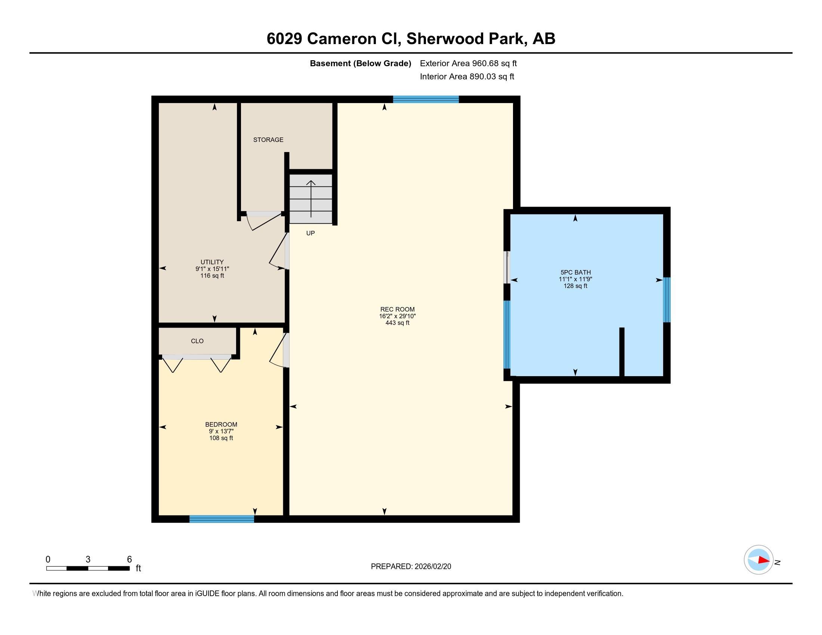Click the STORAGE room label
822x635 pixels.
(x=268, y=140)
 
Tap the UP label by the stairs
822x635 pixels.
(x=310, y=233)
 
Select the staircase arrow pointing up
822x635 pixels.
(x=311, y=199)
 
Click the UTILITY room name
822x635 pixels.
(x=212, y=262)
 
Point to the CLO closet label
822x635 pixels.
(x=197, y=341)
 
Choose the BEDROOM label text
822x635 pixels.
(x=221, y=424)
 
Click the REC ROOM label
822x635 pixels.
(x=398, y=309)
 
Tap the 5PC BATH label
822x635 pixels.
(x=575, y=272)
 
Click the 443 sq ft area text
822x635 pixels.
(x=398, y=323)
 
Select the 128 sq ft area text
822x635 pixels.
(x=575, y=286)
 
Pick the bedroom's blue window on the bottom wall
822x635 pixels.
(x=222, y=519)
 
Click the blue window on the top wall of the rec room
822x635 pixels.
(x=426, y=99)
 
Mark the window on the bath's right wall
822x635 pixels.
(x=667, y=300)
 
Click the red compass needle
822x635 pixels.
(x=764, y=560)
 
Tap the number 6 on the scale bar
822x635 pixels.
(x=130, y=560)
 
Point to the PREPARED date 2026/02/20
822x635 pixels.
(x=432, y=567)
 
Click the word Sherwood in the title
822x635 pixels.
(x=464, y=39)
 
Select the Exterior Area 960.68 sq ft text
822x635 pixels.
(x=469, y=63)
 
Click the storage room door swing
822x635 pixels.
(x=263, y=222)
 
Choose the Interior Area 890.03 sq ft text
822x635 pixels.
(x=467, y=77)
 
